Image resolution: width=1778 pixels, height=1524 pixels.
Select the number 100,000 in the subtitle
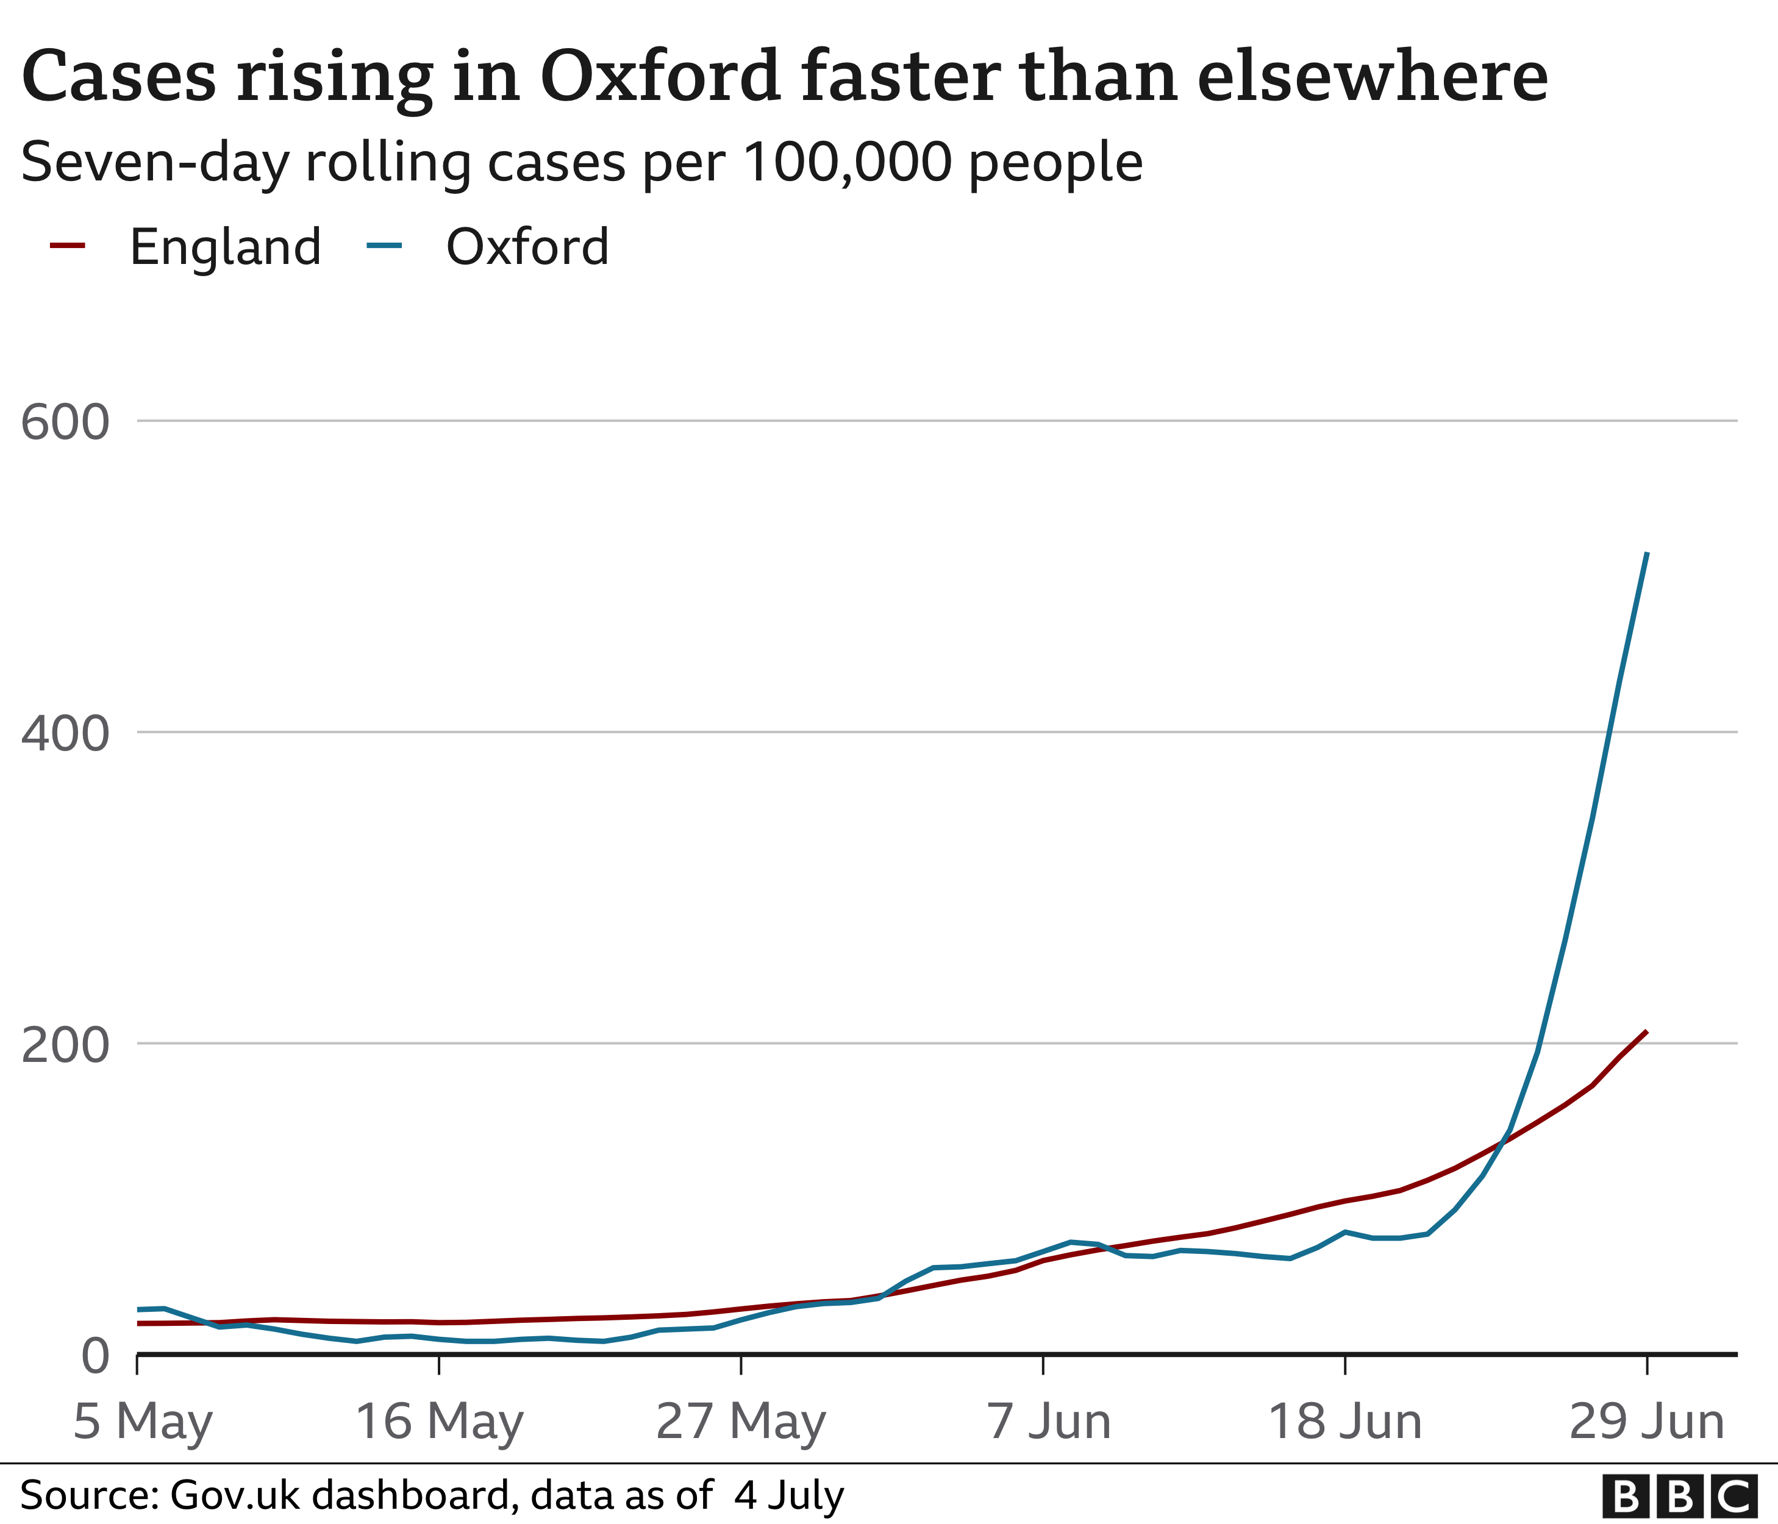coord(848,162)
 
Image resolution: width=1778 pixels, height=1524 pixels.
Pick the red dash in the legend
coord(68,246)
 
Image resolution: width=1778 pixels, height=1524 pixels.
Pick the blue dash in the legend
coord(384,246)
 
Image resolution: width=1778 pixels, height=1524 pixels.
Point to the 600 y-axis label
coord(66,423)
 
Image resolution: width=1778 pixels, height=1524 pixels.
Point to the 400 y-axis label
coord(66,735)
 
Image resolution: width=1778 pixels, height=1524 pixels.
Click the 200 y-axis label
coord(66,1046)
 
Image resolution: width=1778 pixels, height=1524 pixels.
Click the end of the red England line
coord(1646,1031)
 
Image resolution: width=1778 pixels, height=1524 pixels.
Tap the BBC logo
coord(1679,1497)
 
